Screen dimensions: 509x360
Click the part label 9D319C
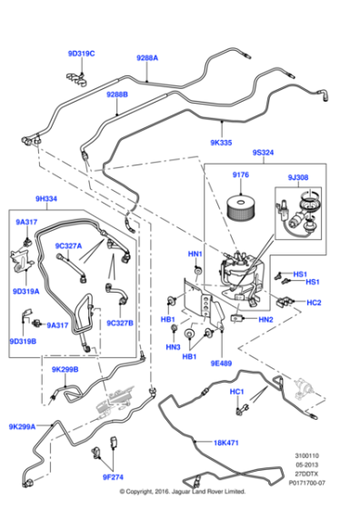81,54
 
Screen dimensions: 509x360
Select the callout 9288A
147,57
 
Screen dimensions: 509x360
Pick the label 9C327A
68,245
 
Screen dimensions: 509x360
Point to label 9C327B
119,322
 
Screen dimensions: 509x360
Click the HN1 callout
195,254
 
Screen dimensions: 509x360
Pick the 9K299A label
22,426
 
